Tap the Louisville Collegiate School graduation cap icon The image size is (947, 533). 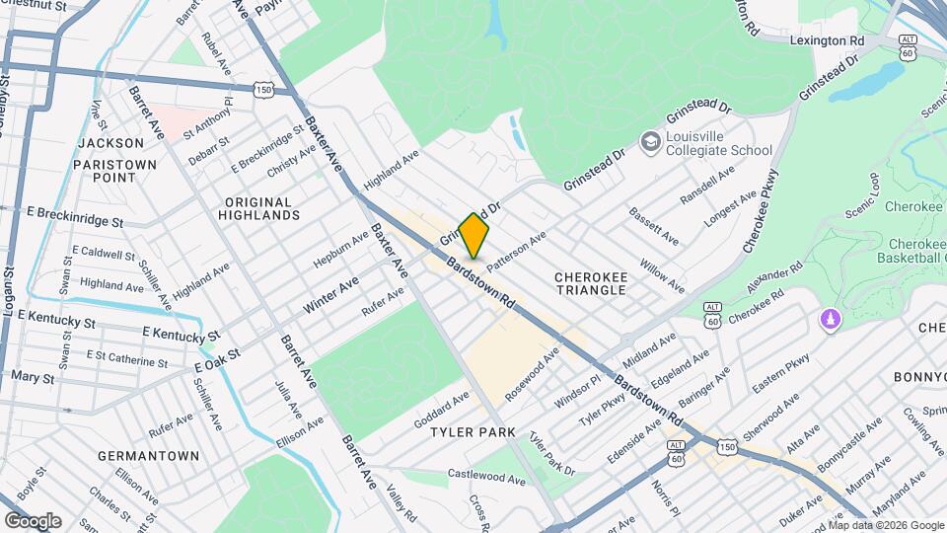(x=650, y=143)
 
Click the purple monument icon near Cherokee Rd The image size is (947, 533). (x=831, y=321)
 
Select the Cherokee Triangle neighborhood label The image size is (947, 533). (x=590, y=283)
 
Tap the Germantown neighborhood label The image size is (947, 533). (x=149, y=456)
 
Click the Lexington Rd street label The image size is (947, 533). (x=827, y=40)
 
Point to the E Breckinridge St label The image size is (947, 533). (x=75, y=216)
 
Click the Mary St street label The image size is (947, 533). (x=33, y=377)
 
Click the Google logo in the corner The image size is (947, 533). (x=33, y=520)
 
